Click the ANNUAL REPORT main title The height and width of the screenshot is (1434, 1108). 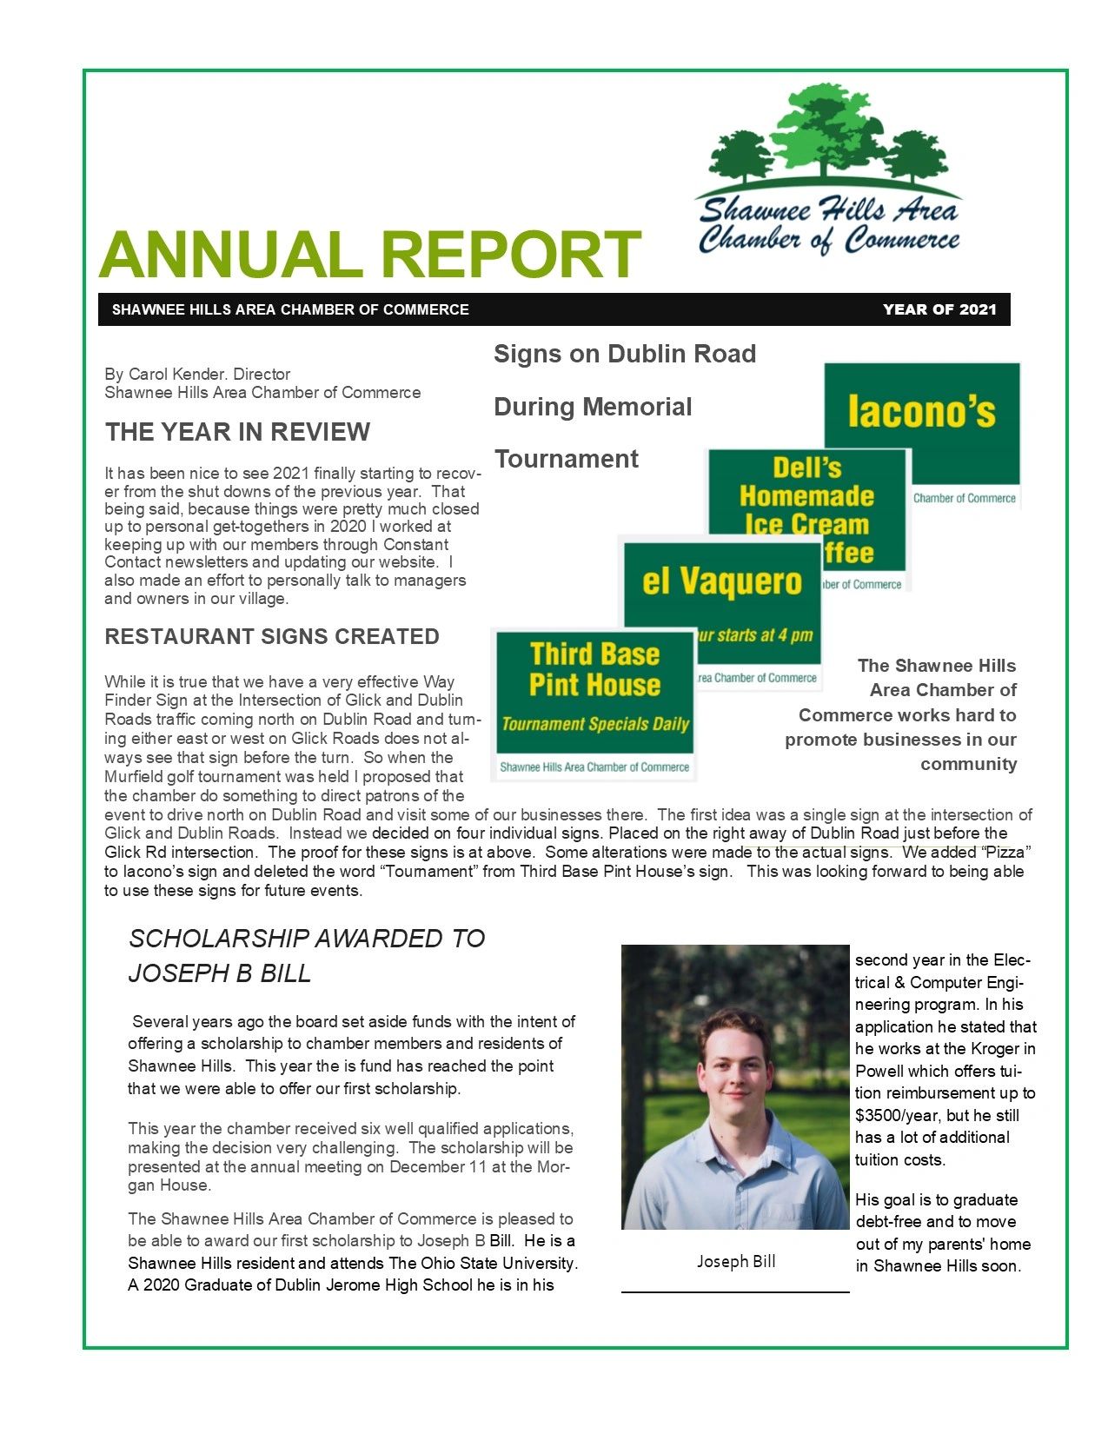click(x=369, y=254)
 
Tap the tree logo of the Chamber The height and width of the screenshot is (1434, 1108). click(x=826, y=139)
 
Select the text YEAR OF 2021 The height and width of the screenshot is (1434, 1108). click(x=939, y=309)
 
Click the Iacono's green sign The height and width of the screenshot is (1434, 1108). click(x=921, y=413)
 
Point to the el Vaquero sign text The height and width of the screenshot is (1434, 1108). click(x=721, y=581)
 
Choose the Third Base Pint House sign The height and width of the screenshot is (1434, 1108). click(x=595, y=669)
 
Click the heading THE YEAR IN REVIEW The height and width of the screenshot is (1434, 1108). click(x=237, y=432)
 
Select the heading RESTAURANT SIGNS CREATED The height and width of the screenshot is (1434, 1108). click(x=271, y=636)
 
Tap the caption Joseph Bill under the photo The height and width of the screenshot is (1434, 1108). click(x=736, y=1261)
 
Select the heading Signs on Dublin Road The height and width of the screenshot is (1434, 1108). click(x=625, y=354)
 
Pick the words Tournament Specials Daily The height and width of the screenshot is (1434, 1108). click(x=595, y=724)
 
